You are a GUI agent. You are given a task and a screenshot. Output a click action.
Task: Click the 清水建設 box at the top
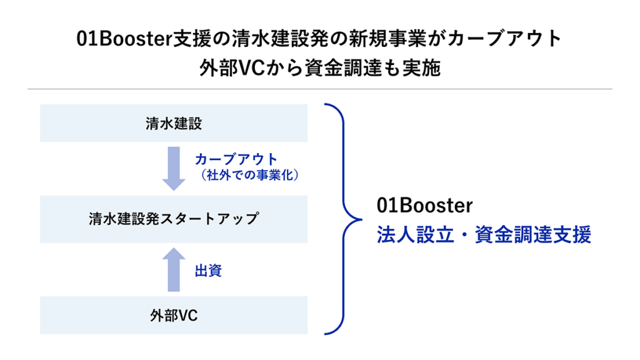(x=174, y=123)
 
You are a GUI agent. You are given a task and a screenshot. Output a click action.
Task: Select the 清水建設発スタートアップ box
(x=174, y=219)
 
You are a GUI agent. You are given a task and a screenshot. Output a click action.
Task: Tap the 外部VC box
(x=174, y=315)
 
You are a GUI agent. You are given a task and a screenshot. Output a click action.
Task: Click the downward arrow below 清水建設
(x=174, y=169)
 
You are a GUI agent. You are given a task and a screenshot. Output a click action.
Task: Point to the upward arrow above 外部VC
(x=174, y=269)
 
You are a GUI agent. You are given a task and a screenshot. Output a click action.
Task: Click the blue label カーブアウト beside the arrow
(x=236, y=159)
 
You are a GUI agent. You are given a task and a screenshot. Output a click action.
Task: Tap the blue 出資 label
(x=208, y=271)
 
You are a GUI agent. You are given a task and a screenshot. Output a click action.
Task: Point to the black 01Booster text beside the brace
(x=424, y=205)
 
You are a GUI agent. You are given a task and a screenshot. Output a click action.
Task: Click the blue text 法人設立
(x=415, y=235)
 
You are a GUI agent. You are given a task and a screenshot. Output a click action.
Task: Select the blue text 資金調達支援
(x=533, y=235)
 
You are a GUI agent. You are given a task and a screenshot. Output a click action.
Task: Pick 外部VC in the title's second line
(x=232, y=68)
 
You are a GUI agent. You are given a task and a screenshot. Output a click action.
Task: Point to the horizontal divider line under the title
(x=320, y=89)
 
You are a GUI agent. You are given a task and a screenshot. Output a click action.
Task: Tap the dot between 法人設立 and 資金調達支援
(x=464, y=236)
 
